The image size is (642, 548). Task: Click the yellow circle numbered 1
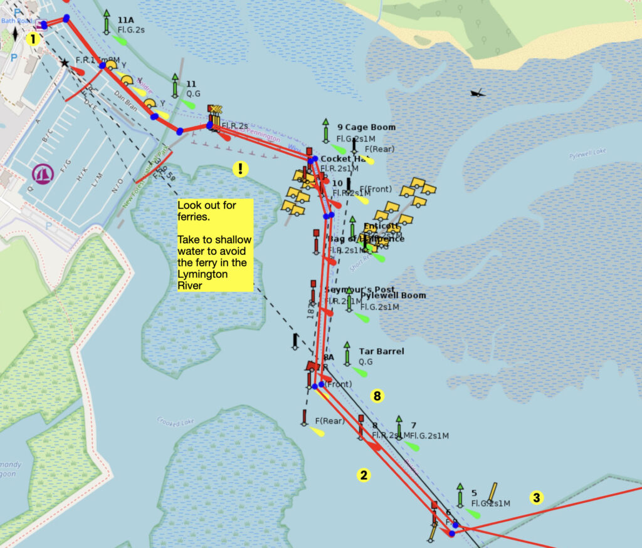pyautogui.click(x=33, y=39)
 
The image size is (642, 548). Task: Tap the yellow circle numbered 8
pyautogui.click(x=377, y=395)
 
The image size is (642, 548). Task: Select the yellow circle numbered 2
pyautogui.click(x=364, y=474)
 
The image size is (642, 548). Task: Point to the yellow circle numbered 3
pyautogui.click(x=536, y=498)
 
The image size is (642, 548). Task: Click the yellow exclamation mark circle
pyautogui.click(x=240, y=168)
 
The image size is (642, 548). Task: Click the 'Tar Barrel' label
pyautogui.click(x=381, y=351)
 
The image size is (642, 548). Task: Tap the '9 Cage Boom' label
pyautogui.click(x=366, y=127)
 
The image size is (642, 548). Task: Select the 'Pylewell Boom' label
pyautogui.click(x=393, y=296)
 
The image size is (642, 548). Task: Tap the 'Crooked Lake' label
pyautogui.click(x=172, y=421)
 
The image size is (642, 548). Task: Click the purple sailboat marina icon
pyautogui.click(x=43, y=173)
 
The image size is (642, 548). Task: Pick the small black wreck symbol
pyautogui.click(x=478, y=93)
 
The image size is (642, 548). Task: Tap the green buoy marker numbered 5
pyautogui.click(x=460, y=495)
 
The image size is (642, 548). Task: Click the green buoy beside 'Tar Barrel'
pyautogui.click(x=347, y=353)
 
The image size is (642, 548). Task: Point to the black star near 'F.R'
pyautogui.click(x=64, y=63)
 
